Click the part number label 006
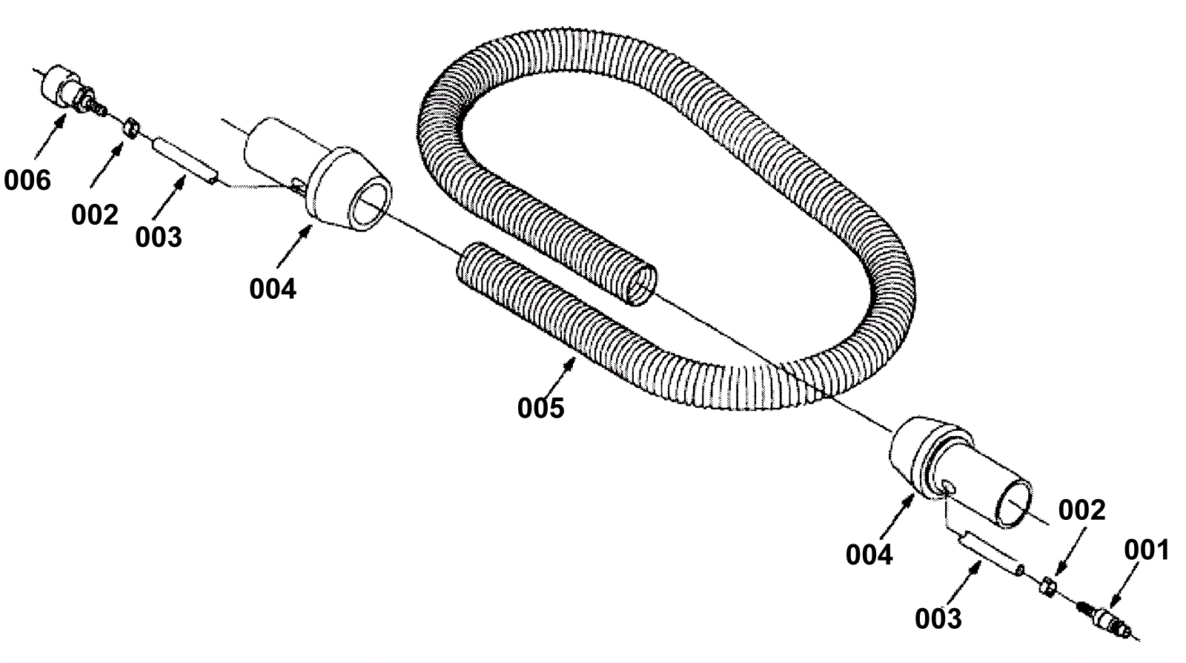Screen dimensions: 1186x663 coord(27,180)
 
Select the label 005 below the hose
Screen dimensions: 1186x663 coord(540,407)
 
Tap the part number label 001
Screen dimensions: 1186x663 coord(1146,550)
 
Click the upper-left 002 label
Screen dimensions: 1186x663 coord(95,215)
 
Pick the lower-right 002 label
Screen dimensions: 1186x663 coord(1081,510)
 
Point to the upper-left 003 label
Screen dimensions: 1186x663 coord(158,237)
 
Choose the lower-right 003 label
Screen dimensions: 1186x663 coord(938,618)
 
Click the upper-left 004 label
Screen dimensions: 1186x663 coord(272,288)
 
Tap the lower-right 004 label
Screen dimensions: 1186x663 coord(869,554)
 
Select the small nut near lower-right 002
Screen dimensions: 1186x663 coord(1047,587)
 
